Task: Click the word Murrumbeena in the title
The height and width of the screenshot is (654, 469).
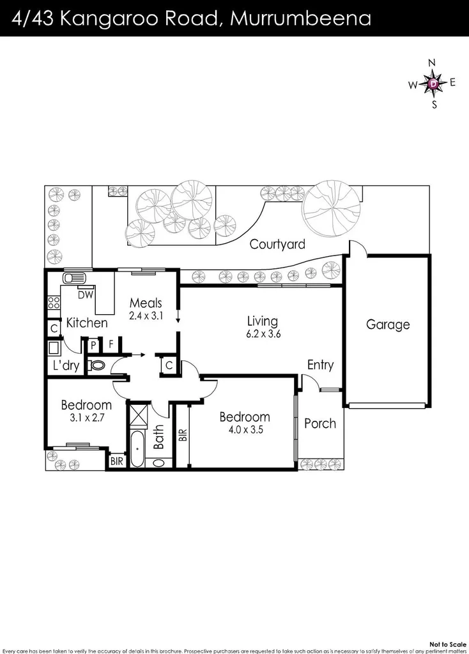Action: [x=300, y=18]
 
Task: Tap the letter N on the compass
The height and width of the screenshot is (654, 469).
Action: [x=432, y=63]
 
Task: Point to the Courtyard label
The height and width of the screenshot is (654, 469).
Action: [x=277, y=244]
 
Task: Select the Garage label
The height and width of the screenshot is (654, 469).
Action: [x=387, y=324]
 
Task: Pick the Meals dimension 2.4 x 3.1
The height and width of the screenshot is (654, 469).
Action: [x=146, y=315]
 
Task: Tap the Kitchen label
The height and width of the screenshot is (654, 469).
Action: [x=87, y=323]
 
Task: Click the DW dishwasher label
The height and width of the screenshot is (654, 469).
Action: [x=84, y=295]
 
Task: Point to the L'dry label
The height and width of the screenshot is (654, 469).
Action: [x=66, y=366]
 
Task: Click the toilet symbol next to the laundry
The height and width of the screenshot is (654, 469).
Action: [x=97, y=365]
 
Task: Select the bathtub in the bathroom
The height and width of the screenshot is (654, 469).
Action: [x=137, y=450]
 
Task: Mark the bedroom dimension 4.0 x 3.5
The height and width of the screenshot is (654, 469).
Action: [x=245, y=430]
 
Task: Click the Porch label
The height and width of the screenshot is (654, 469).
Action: [x=319, y=423]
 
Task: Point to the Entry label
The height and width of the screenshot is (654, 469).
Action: [x=320, y=365]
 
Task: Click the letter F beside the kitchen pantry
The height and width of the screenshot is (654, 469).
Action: [x=111, y=344]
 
